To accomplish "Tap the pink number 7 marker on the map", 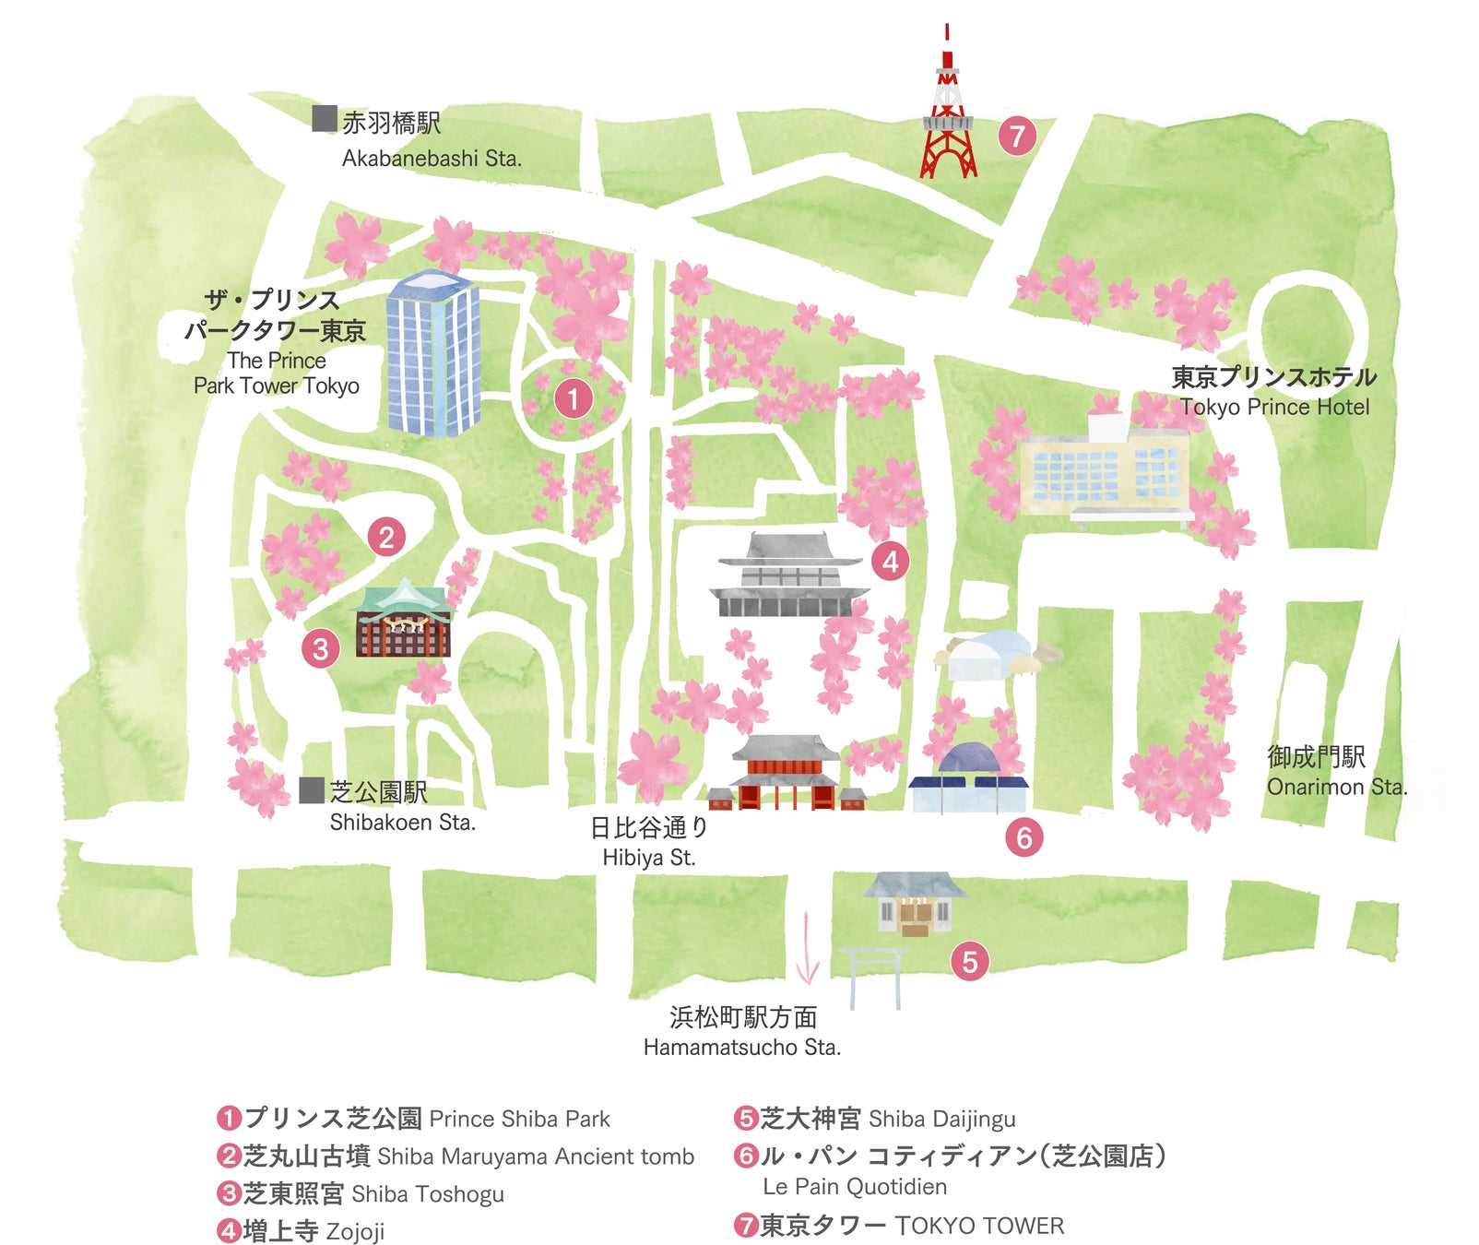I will pos(1017,136).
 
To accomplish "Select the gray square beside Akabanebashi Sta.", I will pos(324,119).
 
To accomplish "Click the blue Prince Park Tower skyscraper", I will pos(432,353).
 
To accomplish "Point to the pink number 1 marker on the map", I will pos(573,398).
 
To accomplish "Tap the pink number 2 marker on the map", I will pos(386,536).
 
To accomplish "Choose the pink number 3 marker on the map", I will pos(320,648).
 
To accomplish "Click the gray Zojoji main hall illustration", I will pos(788,575).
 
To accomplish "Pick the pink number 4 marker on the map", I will pos(890,561).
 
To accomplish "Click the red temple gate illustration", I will pos(786,774).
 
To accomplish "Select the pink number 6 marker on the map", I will pos(1023,837).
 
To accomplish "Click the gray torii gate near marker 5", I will pos(874,977).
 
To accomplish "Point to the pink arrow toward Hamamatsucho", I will pos(808,949).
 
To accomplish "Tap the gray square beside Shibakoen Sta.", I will pos(313,790).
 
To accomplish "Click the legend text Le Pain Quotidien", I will pos(855,1187).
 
